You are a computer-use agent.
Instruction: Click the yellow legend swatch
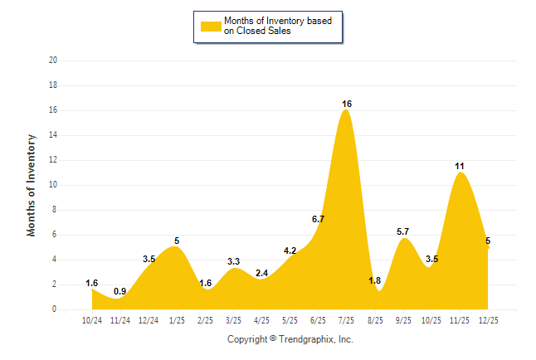click(210, 26)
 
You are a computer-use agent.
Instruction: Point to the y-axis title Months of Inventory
click(32, 185)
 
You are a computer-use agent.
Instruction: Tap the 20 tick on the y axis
click(53, 61)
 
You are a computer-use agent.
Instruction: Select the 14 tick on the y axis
click(53, 135)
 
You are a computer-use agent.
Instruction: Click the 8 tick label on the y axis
click(55, 210)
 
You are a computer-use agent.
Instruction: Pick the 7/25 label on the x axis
click(347, 319)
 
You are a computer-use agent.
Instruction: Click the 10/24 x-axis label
click(91, 319)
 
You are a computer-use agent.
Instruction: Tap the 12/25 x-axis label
click(488, 319)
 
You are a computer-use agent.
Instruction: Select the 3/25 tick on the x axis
click(233, 319)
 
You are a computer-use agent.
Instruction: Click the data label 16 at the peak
click(347, 104)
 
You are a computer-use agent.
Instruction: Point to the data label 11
click(460, 166)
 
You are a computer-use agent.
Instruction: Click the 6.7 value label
click(318, 219)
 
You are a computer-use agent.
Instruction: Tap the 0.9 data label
click(120, 291)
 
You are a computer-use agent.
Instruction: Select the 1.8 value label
click(375, 280)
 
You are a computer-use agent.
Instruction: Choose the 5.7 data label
click(403, 231)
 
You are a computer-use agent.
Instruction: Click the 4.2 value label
click(290, 251)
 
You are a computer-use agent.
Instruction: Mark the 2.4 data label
click(261, 273)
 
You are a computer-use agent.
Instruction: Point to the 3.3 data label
click(233, 261)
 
